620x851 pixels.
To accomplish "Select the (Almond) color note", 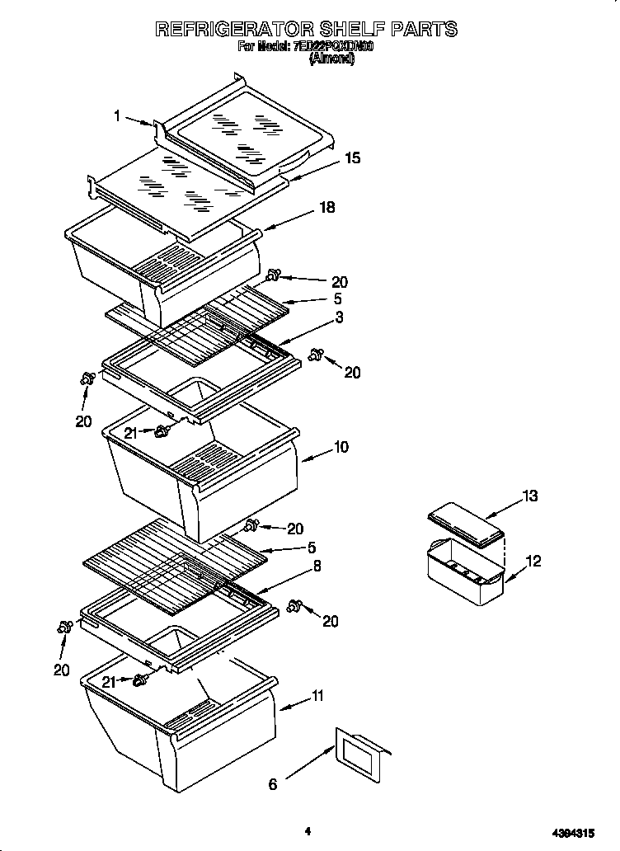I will point(331,59).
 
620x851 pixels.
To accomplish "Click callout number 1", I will point(118,117).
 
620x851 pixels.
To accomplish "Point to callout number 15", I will point(352,158).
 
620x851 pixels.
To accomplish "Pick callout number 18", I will point(327,208).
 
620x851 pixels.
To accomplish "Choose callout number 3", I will point(339,317).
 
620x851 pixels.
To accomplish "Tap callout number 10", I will point(341,447).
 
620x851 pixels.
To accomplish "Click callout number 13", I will point(529,496).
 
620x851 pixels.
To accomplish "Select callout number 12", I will point(533,562).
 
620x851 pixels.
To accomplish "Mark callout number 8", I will point(317,567).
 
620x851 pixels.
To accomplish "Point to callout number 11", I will point(317,697).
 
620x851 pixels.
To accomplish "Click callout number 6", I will point(273,784).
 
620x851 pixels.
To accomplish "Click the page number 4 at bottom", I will point(307,832).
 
